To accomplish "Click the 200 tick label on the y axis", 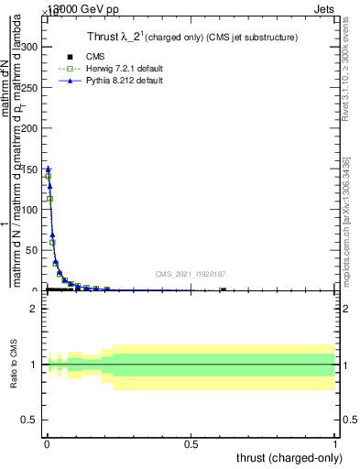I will tap(30, 128).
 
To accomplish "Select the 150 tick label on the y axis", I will tap(30, 169).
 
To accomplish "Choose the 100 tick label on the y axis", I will tap(30, 210).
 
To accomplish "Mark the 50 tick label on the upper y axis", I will tap(33, 250).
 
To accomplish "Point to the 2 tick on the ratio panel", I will tap(36, 309).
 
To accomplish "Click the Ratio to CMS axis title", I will tap(14, 365).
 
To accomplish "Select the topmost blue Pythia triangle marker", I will tap(48, 169).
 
